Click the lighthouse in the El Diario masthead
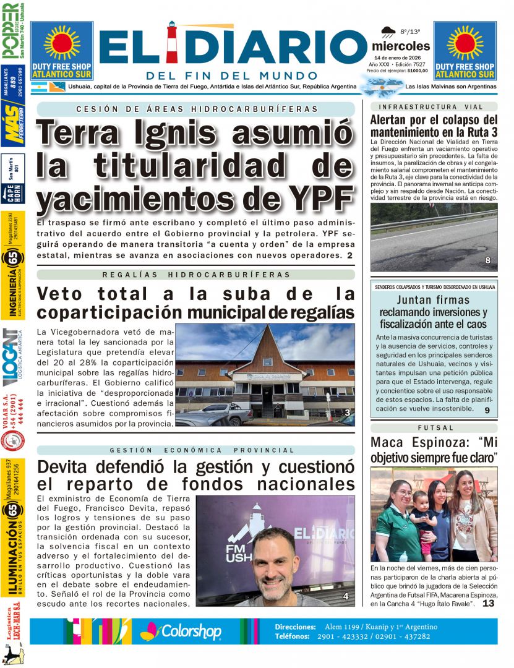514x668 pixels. click(173, 44)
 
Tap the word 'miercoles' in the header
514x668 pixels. click(401, 46)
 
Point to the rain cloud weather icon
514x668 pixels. click(388, 31)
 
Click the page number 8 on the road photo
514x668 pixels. click(487, 260)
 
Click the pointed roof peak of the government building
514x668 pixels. click(265, 329)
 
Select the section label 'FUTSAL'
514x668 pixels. click(434, 427)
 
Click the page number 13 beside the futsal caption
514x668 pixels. click(488, 603)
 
